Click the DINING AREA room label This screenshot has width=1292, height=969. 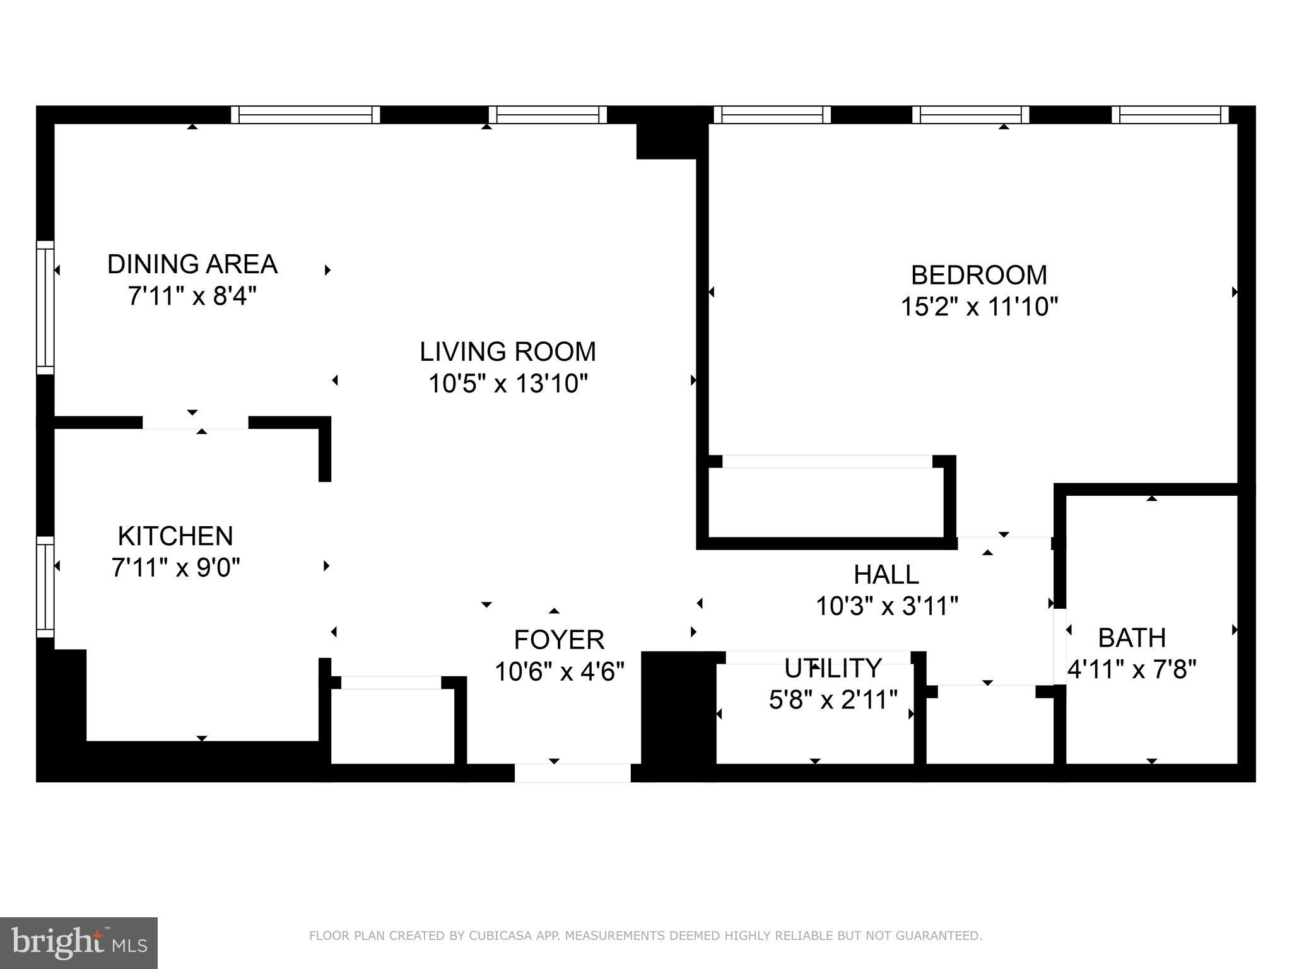192,264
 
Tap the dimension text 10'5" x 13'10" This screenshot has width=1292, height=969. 508,383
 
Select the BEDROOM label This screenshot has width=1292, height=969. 978,275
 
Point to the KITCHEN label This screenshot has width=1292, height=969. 175,536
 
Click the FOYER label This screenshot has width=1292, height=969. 559,640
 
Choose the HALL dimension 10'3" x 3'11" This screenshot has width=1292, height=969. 887,606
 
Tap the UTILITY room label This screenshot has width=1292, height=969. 833,667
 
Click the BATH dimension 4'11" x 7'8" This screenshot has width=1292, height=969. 1132,669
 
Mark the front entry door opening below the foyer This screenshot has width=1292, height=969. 572,772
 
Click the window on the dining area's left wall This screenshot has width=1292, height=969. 45,307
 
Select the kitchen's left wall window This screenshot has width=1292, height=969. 45,587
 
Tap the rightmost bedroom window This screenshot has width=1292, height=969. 1170,115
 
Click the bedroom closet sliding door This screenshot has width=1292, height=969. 826,461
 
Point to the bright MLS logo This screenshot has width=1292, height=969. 79,942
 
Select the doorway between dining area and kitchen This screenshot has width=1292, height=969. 195,423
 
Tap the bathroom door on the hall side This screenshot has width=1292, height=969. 1060,646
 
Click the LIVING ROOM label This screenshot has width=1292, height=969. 508,351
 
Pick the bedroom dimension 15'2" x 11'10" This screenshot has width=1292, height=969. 978,307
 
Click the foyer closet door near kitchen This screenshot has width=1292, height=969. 391,683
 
